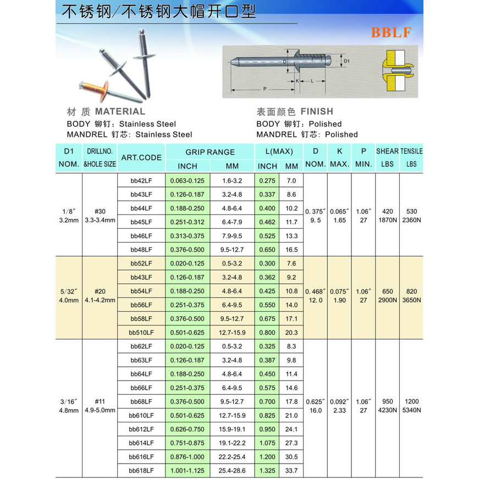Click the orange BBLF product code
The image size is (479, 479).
pos(391,32)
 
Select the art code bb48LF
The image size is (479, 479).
pos(141,250)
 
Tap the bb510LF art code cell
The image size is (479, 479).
pos(141,333)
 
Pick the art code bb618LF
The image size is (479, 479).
pos(141,471)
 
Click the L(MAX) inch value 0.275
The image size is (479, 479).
pos(267,180)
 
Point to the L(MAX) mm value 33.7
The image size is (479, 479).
pos(291,471)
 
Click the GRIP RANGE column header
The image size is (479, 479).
pos(210,152)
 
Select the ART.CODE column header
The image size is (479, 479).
pos(141,157)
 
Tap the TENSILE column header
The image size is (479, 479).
pos(411,151)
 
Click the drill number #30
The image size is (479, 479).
pos(100,211)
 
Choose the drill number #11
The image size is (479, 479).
pos(100,401)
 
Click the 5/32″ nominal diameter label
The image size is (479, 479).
pos(69,291)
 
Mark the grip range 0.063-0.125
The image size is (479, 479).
pos(187,180)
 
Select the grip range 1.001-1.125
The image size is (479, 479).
pos(187,471)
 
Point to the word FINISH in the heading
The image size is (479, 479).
pos(317,112)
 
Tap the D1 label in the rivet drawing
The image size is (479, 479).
pos(347,61)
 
